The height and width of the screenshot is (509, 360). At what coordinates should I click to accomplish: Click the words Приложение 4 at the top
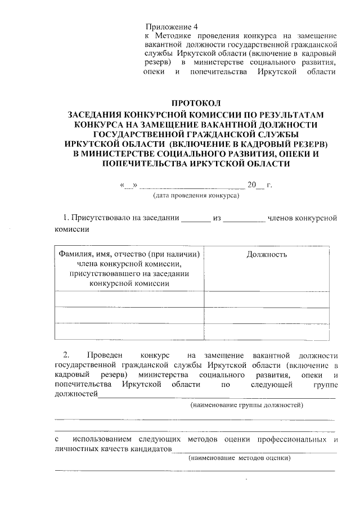point(172,27)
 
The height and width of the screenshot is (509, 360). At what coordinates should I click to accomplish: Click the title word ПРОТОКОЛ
point(197,103)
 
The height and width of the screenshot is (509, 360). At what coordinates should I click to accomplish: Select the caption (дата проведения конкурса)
point(196,196)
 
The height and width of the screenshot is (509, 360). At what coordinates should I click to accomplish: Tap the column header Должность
point(267,254)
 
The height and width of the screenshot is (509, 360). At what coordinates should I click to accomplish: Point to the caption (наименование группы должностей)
point(247,405)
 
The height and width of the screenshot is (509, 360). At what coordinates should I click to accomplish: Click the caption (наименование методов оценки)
point(239,458)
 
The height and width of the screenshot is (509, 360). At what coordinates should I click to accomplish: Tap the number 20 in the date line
point(253,185)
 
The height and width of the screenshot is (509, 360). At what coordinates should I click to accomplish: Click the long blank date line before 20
point(191,187)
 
